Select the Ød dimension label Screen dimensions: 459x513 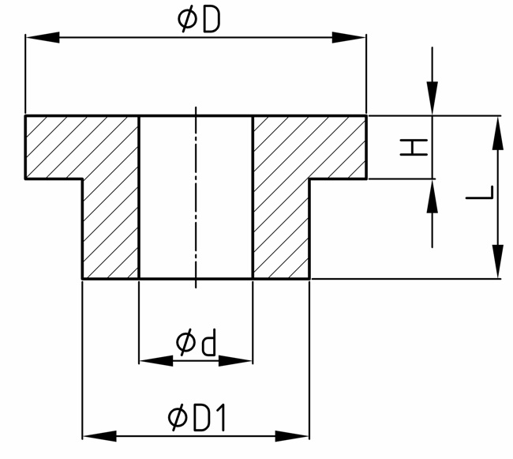[197, 343]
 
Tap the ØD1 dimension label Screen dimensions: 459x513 [197, 418]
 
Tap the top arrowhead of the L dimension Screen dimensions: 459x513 [497, 131]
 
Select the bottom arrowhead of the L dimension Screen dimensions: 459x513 [497, 262]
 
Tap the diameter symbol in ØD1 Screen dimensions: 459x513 [178, 418]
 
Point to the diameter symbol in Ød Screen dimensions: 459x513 [185, 343]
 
